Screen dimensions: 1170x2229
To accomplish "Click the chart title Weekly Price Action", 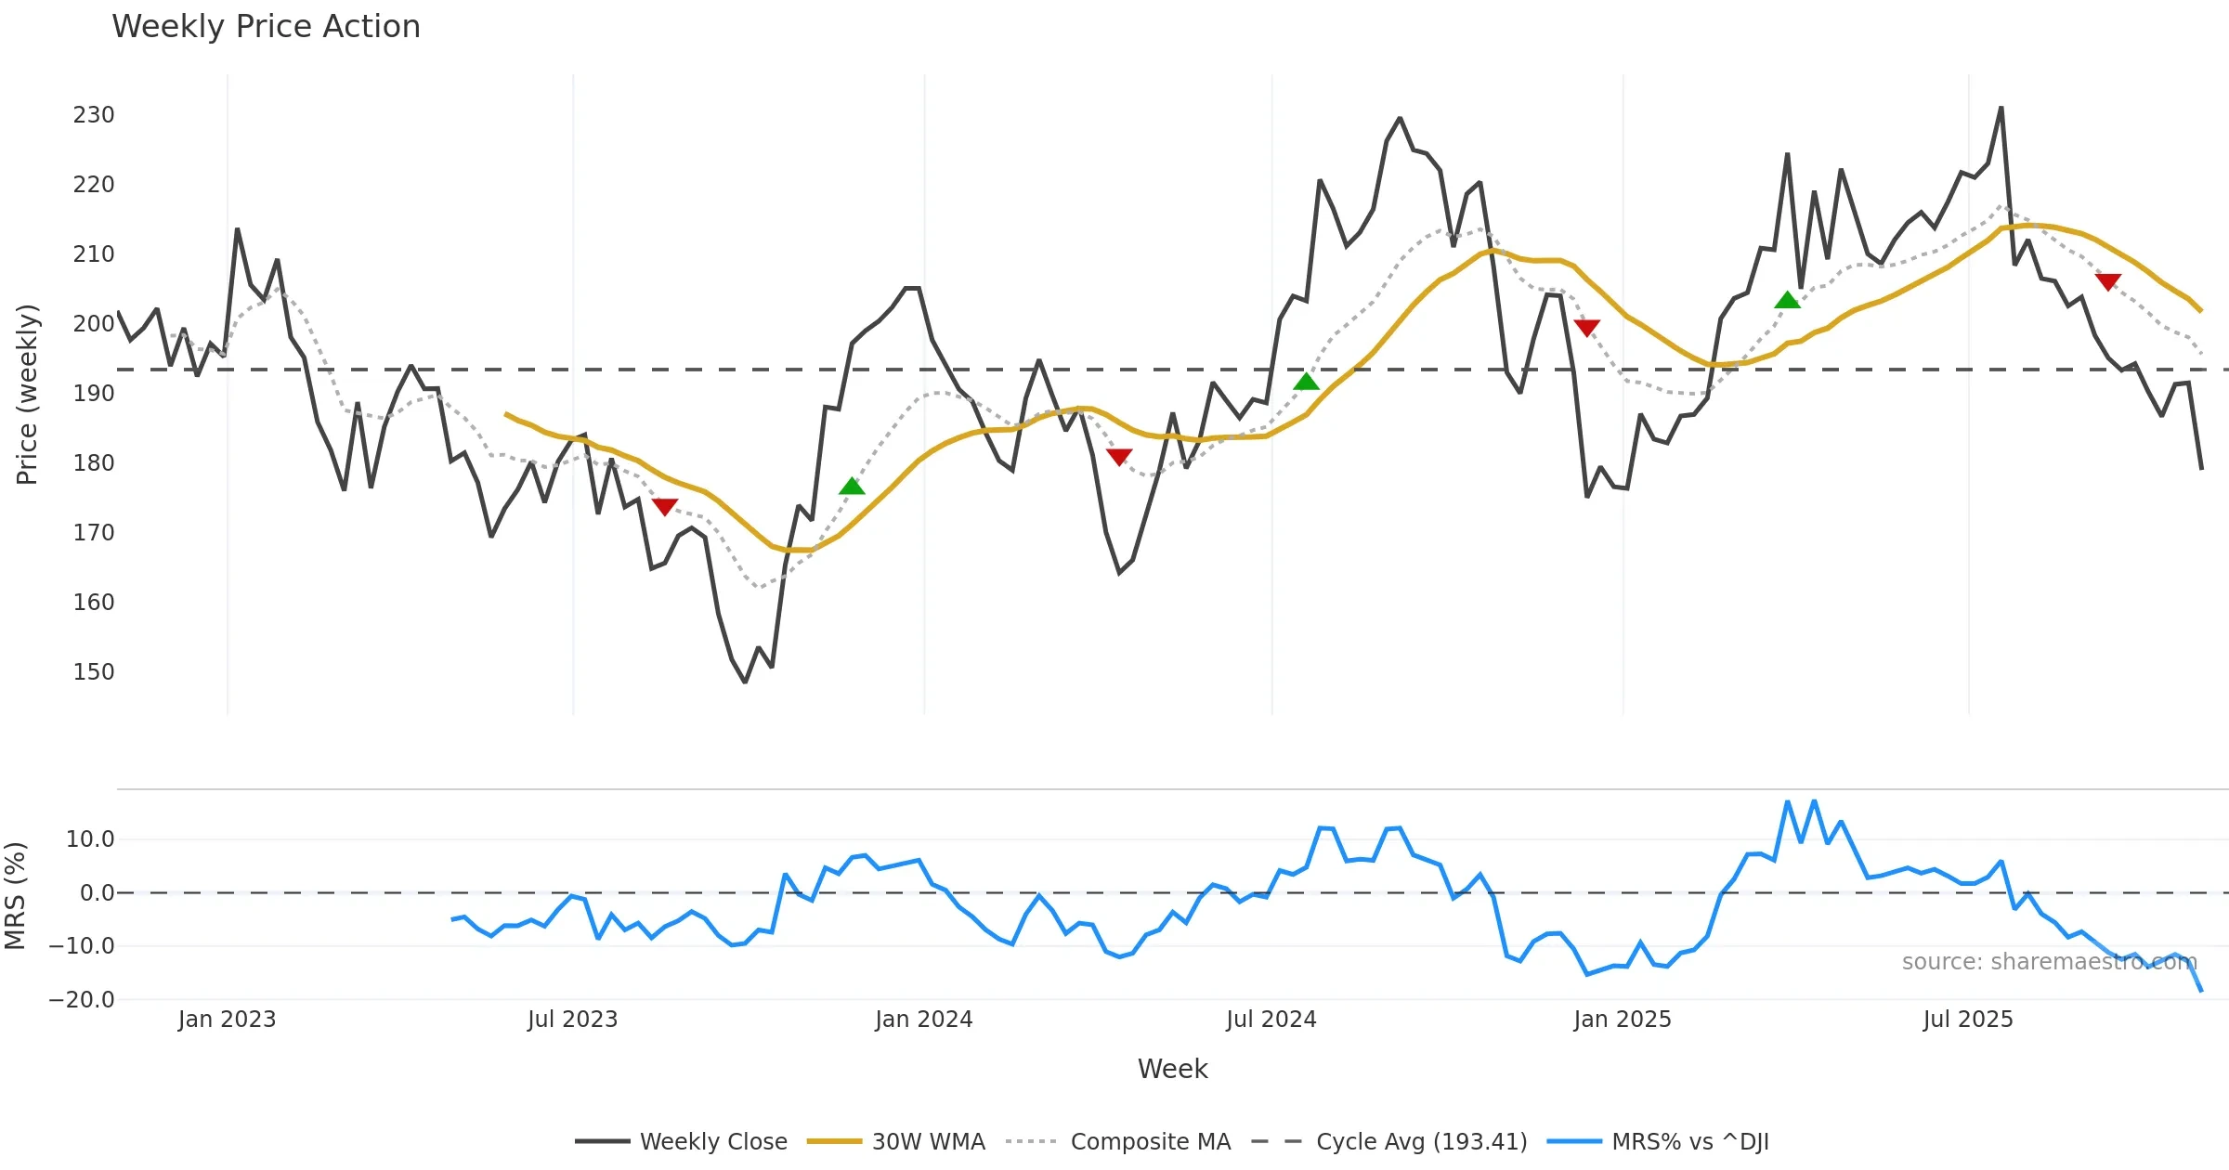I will tap(266, 27).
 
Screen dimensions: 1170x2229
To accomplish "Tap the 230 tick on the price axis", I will tap(94, 115).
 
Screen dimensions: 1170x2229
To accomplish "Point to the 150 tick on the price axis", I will tap(94, 672).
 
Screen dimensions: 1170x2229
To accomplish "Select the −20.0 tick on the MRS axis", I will tap(82, 1000).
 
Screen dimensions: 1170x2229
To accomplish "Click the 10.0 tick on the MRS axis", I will tap(90, 839).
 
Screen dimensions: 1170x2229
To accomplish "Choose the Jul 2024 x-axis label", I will tap(1271, 1020).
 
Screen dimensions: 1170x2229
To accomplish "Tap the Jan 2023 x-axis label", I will tap(227, 1020).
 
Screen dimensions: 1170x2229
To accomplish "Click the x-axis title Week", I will tap(1172, 1070).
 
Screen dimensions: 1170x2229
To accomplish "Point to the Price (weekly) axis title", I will tap(27, 395).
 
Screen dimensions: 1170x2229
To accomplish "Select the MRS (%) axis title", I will tap(15, 895).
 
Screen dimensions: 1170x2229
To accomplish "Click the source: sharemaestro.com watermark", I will tap(2049, 962).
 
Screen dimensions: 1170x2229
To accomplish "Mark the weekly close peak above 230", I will tap(2001, 108).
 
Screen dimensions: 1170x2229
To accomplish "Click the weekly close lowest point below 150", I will tap(745, 682).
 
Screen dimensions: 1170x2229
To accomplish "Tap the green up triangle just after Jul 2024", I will tap(1306, 382).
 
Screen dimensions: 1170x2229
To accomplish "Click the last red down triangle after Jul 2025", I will tap(2107, 281).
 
